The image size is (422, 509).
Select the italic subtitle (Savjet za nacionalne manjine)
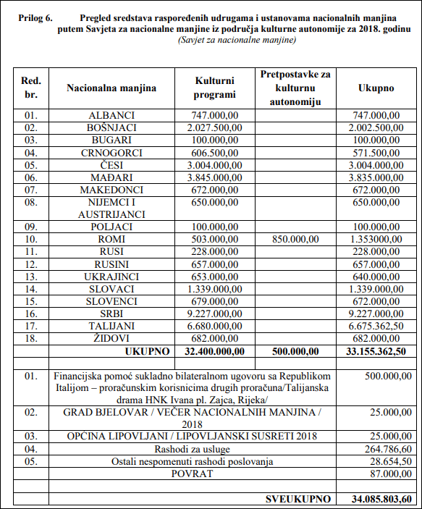(x=237, y=40)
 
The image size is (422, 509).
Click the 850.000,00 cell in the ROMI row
(x=295, y=239)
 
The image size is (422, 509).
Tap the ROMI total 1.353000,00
(x=376, y=239)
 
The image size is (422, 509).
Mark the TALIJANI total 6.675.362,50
(x=376, y=326)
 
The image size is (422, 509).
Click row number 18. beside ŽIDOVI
(x=31, y=338)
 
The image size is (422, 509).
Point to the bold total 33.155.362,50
(x=376, y=351)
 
